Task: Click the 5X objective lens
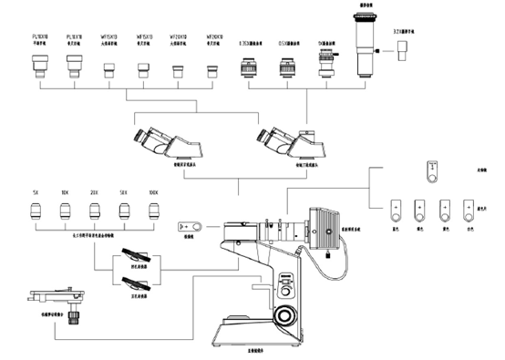(34, 212)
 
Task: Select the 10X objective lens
(66, 212)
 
